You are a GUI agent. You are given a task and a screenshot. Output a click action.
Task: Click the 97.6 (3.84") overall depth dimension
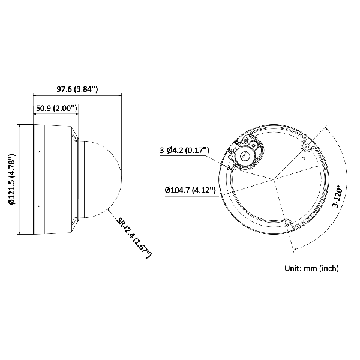pos(77,89)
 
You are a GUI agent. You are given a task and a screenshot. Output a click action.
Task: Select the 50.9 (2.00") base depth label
pos(56,108)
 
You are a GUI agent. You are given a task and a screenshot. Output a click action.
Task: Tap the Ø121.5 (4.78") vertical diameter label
pos(11,179)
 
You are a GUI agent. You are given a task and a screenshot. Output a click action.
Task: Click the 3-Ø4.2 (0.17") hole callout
pos(184,151)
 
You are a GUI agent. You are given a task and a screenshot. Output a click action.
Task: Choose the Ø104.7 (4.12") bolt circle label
pos(190,190)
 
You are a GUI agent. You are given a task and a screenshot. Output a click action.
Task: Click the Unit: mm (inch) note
pos(311,268)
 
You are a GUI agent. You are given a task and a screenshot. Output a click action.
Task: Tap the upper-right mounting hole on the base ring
pos(306,146)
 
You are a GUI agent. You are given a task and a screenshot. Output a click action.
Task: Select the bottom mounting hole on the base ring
pos(286,224)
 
